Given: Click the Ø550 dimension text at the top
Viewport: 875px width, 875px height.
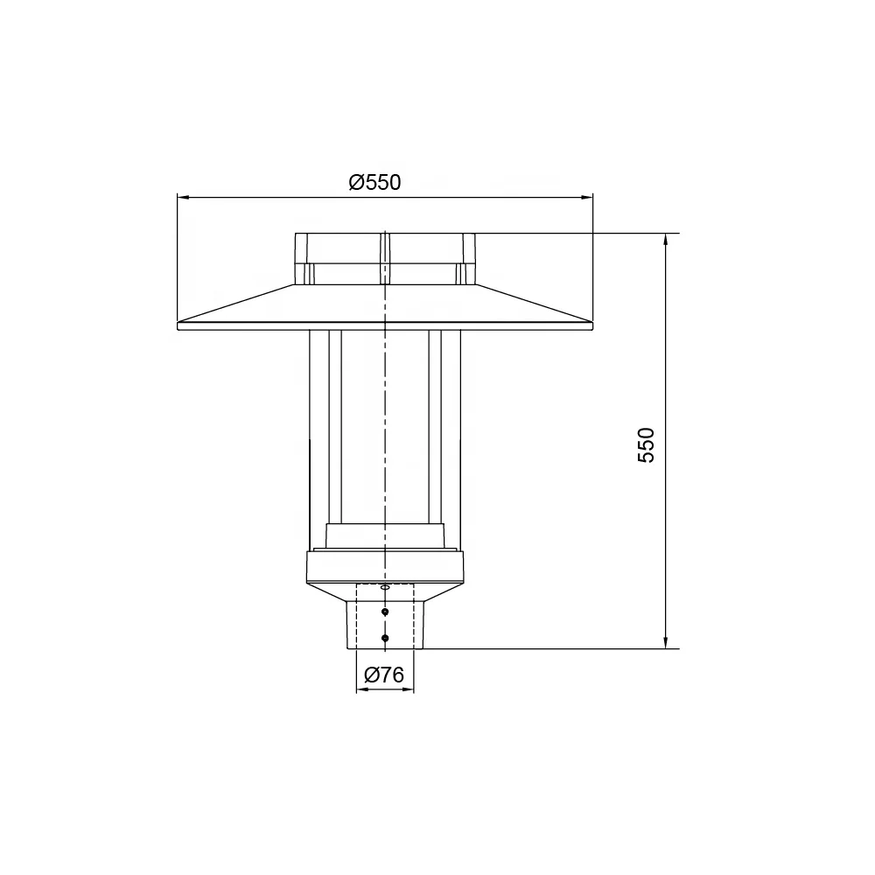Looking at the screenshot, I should tap(374, 182).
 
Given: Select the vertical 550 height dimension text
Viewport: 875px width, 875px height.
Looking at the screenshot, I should tap(646, 444).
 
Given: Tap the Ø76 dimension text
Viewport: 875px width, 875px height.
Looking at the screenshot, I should tap(383, 675).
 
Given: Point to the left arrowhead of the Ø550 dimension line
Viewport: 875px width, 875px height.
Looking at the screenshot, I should tap(182, 197).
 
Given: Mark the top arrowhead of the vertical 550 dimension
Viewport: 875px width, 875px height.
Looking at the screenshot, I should tap(668, 239).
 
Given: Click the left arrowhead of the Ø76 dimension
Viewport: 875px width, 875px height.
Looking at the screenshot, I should tap(360, 689).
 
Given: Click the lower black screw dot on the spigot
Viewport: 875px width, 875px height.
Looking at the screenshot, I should tap(385, 638).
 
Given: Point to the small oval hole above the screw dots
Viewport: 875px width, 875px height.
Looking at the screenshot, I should tap(385, 587).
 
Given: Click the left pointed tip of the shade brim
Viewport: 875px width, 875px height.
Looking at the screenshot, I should tap(178, 325).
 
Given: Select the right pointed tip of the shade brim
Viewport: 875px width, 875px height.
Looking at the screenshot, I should tap(591, 325).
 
